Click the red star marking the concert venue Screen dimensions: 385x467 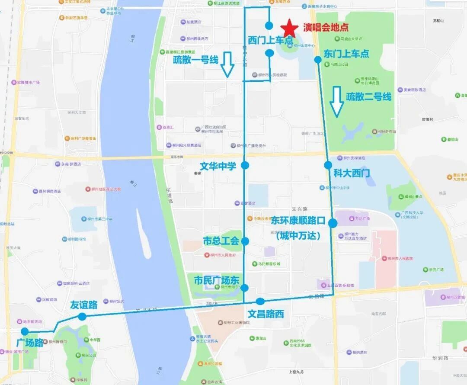289,28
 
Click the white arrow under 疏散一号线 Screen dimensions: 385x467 227,65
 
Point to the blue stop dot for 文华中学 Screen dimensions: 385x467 245,165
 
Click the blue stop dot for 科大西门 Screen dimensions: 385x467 328,165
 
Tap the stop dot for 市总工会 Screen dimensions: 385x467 245,241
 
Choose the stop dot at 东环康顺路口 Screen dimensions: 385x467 333,223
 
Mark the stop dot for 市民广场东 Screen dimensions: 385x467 245,288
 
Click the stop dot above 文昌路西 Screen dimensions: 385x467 260,301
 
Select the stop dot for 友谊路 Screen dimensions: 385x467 82,316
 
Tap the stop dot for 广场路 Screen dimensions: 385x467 25,331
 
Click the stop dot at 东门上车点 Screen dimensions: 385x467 318,60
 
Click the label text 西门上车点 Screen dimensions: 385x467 270,39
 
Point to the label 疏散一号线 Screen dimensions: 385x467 195,59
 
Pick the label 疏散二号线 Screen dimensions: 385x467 368,96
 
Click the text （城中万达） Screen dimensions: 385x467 298,236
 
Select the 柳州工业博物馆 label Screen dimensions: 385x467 237,322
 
